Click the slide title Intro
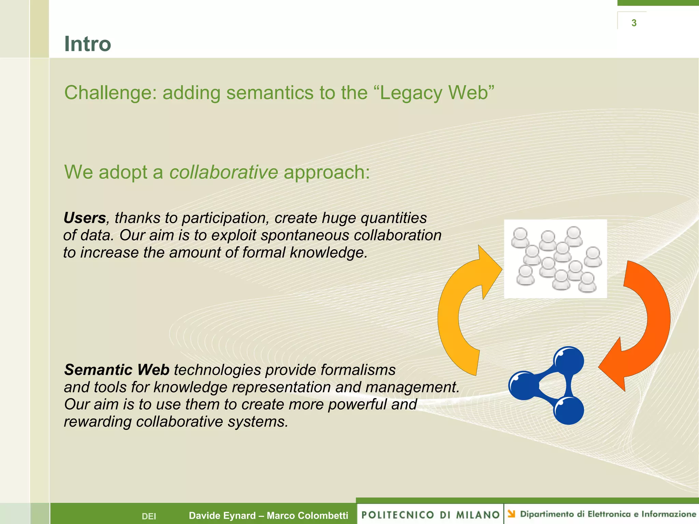87,44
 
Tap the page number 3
634,23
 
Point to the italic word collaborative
224,172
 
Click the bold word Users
85,218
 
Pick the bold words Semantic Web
117,370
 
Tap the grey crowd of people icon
555,259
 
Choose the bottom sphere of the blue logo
568,410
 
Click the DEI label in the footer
149,516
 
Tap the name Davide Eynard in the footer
222,515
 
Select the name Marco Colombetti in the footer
307,515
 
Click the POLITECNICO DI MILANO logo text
430,515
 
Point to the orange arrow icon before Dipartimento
511,513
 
